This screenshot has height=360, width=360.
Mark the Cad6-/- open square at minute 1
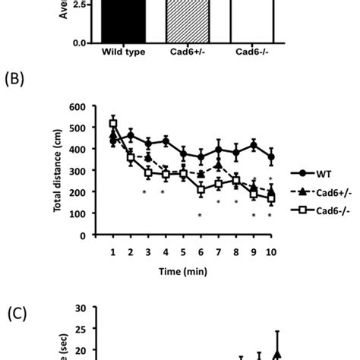coord(114,125)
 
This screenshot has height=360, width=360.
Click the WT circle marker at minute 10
coord(271,158)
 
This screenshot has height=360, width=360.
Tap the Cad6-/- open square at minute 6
coord(201,191)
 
